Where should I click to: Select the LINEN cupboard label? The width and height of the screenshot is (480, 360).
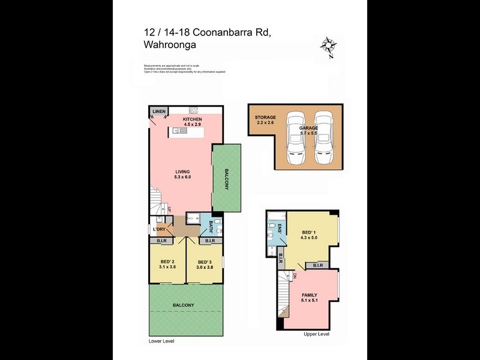158,112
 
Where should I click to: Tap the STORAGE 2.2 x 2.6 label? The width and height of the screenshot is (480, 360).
265,119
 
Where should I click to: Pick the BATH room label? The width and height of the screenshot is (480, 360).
211,226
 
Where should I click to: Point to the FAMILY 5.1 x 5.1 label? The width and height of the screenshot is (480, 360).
309,298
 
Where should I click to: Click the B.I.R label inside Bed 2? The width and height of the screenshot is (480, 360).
161,241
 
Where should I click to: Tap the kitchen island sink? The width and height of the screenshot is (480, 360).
178,130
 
